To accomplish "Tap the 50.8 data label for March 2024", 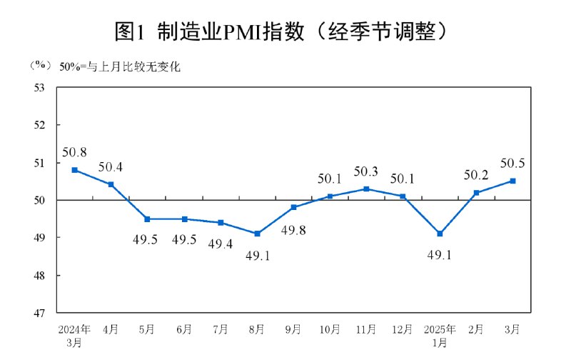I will (74, 152).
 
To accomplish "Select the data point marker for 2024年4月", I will (111, 184).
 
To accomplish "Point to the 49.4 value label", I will (221, 244).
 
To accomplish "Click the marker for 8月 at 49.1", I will (257, 234).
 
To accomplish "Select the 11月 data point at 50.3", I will (366, 189).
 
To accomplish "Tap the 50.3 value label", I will (366, 172).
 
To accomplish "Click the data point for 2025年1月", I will (439, 234).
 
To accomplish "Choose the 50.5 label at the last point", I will (512, 164).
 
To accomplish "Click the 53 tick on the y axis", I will (39, 87).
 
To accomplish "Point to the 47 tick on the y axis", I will (39, 313).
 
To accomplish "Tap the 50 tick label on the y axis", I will (39, 200).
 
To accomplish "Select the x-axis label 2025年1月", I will (439, 336).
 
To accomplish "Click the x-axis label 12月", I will (403, 329).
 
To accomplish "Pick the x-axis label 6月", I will (183, 329).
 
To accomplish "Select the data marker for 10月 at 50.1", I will (330, 196).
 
